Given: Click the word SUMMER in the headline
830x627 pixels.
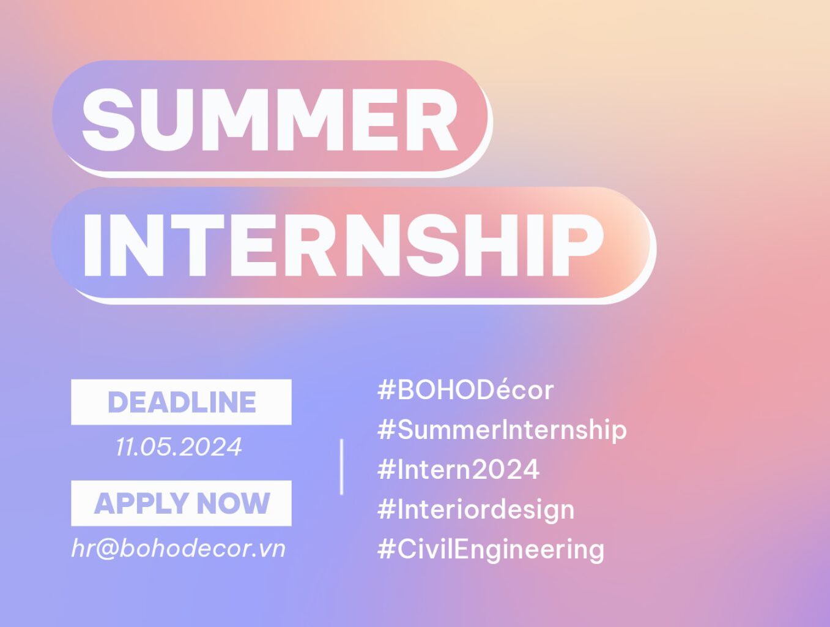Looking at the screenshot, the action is point(270,119).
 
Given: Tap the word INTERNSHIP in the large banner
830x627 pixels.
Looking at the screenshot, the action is point(343,245).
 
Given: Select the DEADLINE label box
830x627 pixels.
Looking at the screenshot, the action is point(181,402).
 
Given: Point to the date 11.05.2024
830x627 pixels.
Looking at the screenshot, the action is point(179,447).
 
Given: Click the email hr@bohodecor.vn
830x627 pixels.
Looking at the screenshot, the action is point(179,548).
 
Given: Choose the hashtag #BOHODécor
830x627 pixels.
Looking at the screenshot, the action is point(465,390).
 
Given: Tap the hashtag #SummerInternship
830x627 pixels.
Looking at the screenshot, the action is point(502,430).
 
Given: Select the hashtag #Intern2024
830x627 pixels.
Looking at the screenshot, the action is point(458,469).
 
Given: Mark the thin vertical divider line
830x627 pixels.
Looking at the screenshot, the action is point(342,467).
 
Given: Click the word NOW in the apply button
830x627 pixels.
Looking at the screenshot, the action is point(233,503).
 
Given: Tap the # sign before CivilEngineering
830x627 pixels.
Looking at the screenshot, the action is point(386,549).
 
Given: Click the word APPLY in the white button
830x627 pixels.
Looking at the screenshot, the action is point(142,503).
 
